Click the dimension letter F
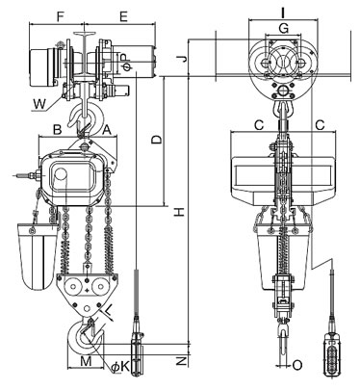60,16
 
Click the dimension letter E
123,16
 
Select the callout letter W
40,104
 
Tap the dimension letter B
57,129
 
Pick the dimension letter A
107,129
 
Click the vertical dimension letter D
157,140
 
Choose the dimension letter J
182,59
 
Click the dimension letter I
283,13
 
